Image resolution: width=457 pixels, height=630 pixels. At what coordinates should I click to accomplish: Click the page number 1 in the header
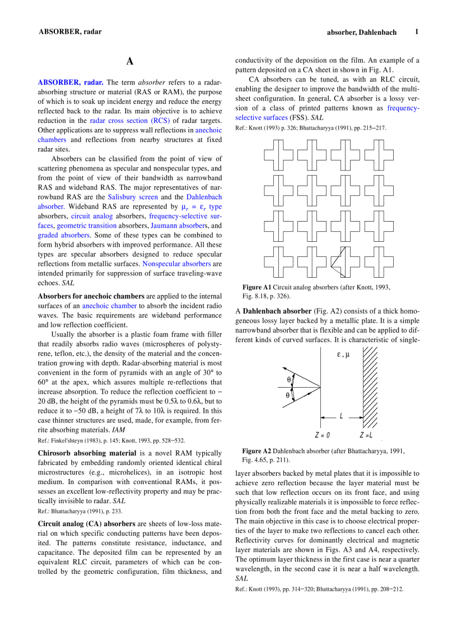tap(416, 32)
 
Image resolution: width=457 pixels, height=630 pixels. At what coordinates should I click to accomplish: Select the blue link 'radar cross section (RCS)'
tap(130, 121)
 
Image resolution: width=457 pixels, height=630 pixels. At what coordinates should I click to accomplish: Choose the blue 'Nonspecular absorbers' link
tap(176, 264)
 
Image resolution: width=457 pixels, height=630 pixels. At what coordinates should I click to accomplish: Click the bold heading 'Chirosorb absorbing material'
tap(87, 453)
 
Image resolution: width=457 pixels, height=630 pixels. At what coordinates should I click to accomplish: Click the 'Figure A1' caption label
tap(257, 287)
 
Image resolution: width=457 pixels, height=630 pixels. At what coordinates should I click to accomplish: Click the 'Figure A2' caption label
tap(257, 451)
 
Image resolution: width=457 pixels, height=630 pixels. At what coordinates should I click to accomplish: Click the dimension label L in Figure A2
tap(341, 417)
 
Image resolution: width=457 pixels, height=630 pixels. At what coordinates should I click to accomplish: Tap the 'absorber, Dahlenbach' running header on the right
tap(361, 33)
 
